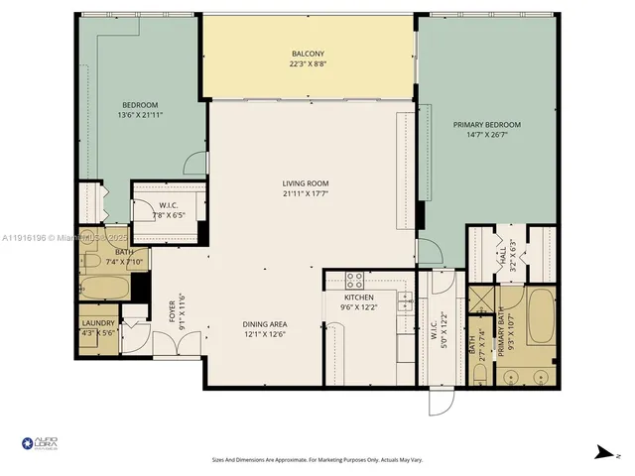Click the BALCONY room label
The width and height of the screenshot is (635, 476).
pos(308,54)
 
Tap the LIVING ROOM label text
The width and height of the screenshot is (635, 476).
pos(305,183)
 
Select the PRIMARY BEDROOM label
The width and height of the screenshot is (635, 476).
pos(486,125)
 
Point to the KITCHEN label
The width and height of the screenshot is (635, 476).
pos(357,297)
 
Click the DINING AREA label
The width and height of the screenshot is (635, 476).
pos(265,324)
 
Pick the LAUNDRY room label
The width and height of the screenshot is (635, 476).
pos(98,323)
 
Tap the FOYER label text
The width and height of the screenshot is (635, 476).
pos(172,310)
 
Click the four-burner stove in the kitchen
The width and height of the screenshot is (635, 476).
pos(354,280)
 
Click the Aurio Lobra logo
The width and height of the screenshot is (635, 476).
pos(39,443)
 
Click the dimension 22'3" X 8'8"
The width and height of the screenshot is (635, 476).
pos(308,64)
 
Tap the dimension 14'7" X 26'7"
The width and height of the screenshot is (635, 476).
pos(486,135)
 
